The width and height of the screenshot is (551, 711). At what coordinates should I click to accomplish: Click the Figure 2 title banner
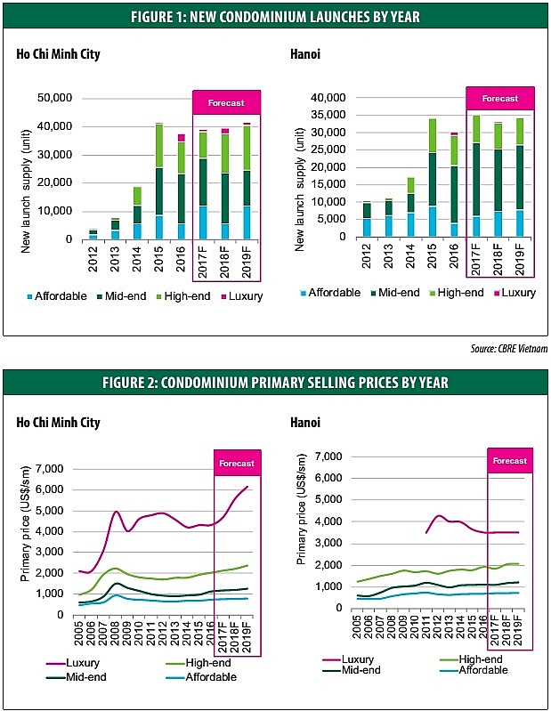pyautogui.click(x=275, y=383)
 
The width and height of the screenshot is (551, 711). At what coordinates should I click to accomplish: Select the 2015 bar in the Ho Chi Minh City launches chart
pyautogui.click(x=159, y=182)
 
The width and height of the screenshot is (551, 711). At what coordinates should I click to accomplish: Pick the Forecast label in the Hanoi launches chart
pyautogui.click(x=499, y=98)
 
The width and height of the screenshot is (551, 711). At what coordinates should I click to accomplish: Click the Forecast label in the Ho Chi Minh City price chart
pyautogui.click(x=237, y=463)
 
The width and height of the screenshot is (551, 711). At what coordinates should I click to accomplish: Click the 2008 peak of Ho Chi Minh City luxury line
pyautogui.click(x=117, y=512)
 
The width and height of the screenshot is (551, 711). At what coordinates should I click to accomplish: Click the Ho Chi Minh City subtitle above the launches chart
pyautogui.click(x=58, y=55)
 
